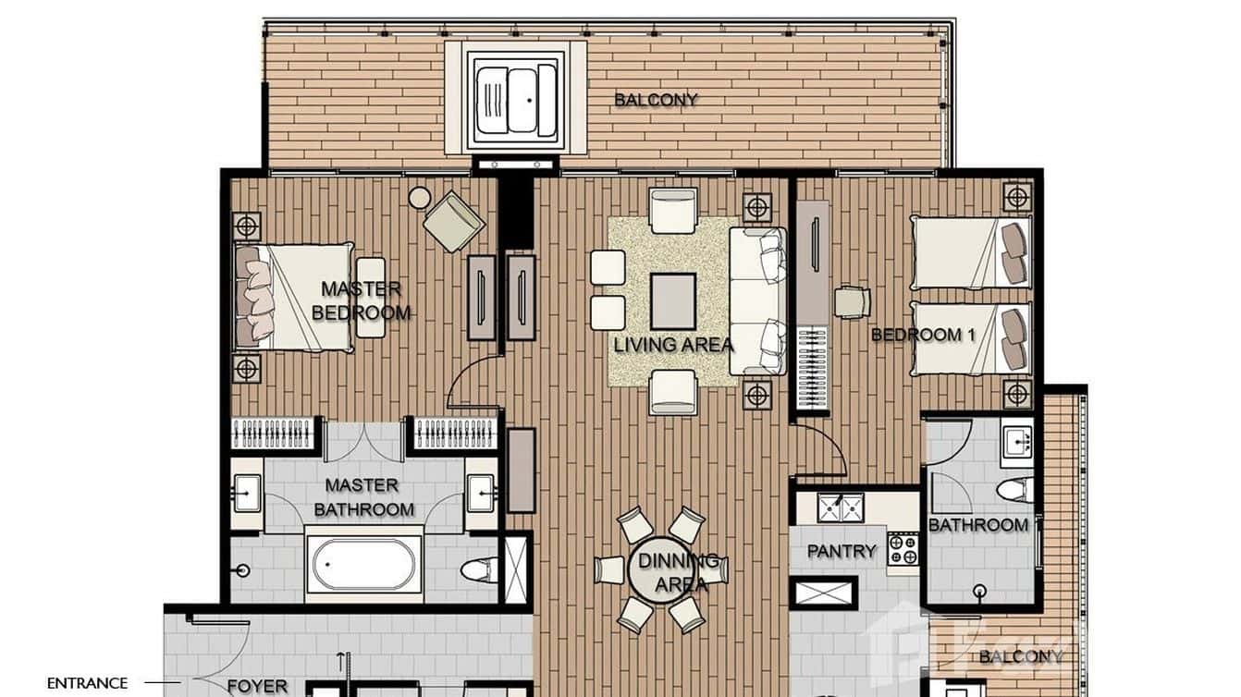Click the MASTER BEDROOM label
click(x=361, y=300)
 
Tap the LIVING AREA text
click(x=673, y=345)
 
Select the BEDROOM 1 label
click(x=923, y=335)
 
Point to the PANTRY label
click(x=841, y=551)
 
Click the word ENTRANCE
click(x=87, y=683)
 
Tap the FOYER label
click(x=257, y=686)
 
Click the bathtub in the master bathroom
click(x=362, y=564)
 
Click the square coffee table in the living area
click(x=672, y=301)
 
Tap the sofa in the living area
click(x=757, y=301)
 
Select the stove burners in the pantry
click(x=903, y=549)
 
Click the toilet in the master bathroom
click(x=478, y=568)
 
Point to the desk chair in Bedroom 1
click(x=851, y=301)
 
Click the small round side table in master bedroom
click(x=420, y=198)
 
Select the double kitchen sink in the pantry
click(x=841, y=507)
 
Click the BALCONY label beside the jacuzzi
click(x=656, y=100)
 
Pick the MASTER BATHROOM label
click(x=362, y=497)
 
